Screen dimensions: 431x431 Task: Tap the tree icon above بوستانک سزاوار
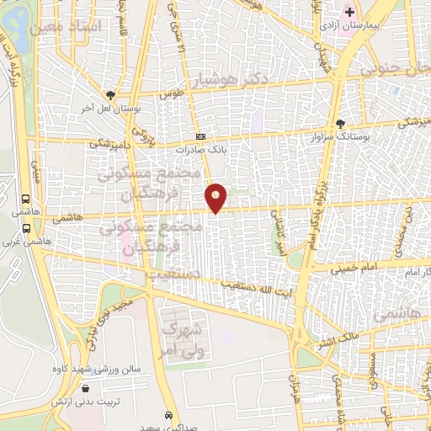340,122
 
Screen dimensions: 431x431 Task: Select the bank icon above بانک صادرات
200,136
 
